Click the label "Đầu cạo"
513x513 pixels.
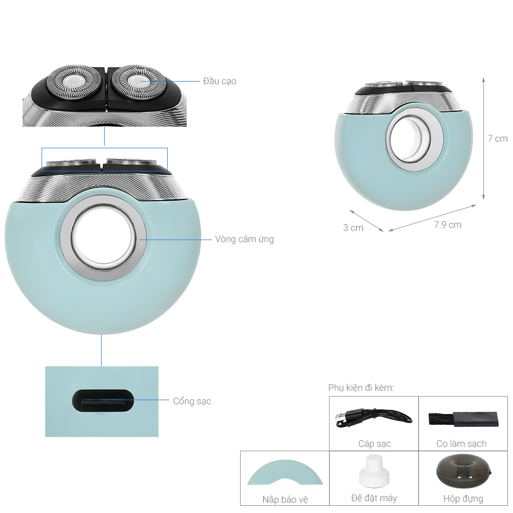click(220, 81)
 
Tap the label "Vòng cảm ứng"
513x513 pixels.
click(244, 239)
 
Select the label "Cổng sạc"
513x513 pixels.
click(192, 401)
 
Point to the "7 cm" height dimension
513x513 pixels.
click(498, 139)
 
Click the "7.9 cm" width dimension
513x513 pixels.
click(447, 225)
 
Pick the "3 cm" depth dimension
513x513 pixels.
click(353, 228)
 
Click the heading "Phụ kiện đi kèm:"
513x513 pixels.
click(361, 388)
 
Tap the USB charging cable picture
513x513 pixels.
click(373, 418)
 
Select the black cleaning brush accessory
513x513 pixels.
click(463, 419)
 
